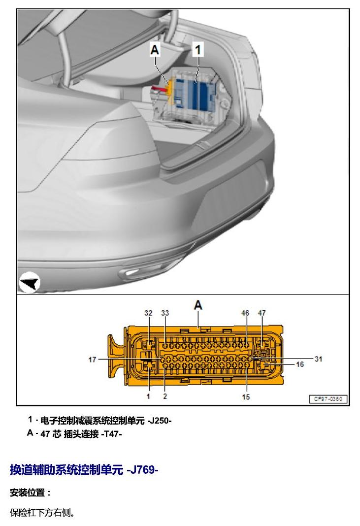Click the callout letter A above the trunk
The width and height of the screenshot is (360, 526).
click(x=155, y=50)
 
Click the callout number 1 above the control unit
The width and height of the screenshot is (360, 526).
click(x=198, y=50)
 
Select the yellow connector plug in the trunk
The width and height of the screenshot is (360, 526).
click(x=170, y=91)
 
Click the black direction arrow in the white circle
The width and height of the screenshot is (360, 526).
click(x=30, y=283)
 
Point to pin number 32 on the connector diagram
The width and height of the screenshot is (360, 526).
click(x=148, y=313)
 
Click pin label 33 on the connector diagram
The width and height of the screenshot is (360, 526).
click(x=165, y=313)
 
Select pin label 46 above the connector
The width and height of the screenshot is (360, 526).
click(x=245, y=313)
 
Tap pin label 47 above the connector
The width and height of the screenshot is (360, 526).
click(x=262, y=313)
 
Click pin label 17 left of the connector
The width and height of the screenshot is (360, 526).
click(x=92, y=360)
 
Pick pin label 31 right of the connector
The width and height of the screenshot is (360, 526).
click(x=319, y=359)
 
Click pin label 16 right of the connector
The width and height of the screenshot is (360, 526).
click(x=300, y=364)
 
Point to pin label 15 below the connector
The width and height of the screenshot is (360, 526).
click(x=246, y=397)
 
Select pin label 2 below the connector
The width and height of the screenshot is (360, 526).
click(x=165, y=396)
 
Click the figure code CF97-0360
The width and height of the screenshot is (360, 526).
click(x=328, y=399)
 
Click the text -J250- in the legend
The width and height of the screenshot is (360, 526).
click(x=160, y=421)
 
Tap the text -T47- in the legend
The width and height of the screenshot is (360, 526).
click(x=111, y=434)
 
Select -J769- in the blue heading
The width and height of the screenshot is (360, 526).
click(x=143, y=470)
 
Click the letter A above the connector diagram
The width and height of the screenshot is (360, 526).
click(x=198, y=305)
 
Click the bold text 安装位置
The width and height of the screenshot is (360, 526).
click(x=28, y=493)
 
